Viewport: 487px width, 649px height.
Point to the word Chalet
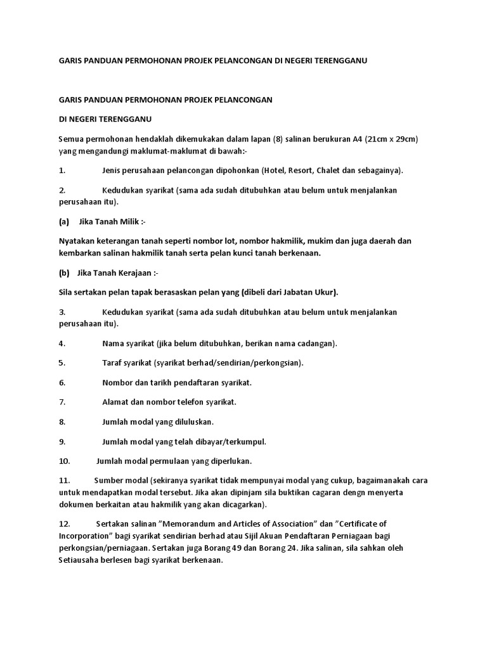[x=349, y=170]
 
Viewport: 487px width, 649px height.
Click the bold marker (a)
[x=63, y=222]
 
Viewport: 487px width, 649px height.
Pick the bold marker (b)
[x=63, y=273]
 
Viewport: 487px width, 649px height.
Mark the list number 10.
[x=64, y=461]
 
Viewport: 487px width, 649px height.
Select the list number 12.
[x=64, y=524]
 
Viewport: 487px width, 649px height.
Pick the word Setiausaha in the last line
[x=81, y=560]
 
